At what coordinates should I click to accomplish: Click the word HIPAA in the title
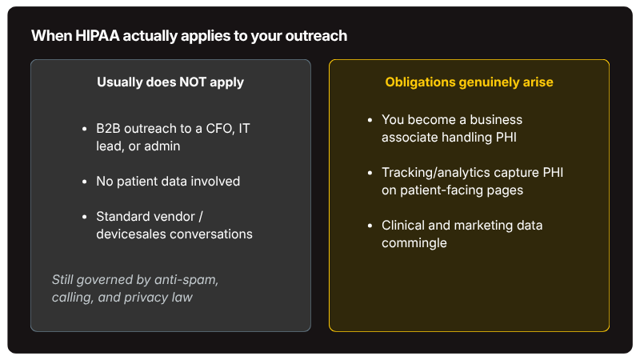[x=97, y=36]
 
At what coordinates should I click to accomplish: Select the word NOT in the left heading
[x=193, y=82]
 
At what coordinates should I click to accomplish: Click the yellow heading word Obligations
[x=420, y=82]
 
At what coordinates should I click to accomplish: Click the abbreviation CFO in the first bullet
[x=221, y=129]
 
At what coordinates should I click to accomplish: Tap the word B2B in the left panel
[x=108, y=129]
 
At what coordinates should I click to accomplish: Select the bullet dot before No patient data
[x=85, y=182]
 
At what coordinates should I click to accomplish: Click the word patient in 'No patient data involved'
[x=138, y=182]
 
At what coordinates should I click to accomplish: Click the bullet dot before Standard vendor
[x=85, y=217]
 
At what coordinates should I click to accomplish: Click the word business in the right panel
[x=496, y=119]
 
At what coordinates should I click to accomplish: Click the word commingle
[x=414, y=243]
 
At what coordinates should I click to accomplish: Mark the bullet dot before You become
[x=370, y=120]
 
